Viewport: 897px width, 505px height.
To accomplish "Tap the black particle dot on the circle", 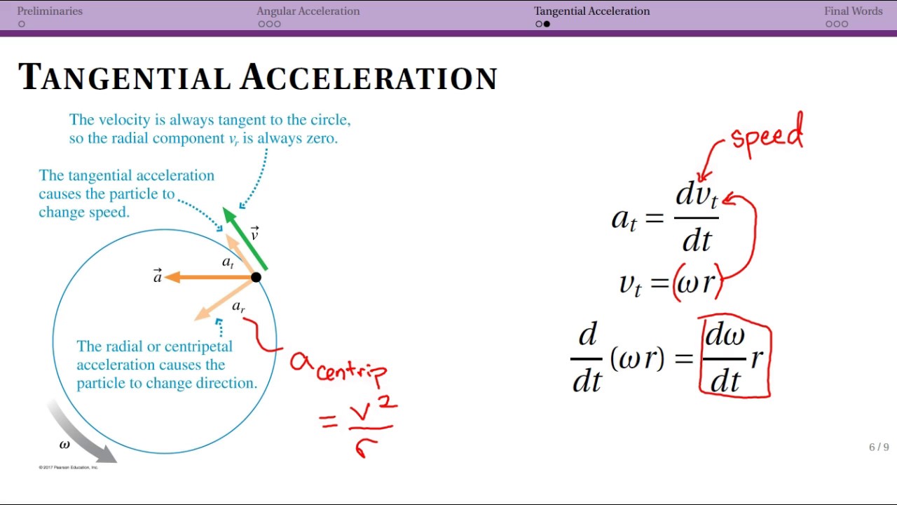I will click(x=256, y=277).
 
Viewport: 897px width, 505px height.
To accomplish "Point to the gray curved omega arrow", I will click(x=81, y=431).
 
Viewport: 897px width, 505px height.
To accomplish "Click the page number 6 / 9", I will click(x=879, y=447).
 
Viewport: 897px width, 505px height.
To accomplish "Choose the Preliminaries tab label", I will click(x=50, y=11).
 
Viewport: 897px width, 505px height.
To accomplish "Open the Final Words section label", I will click(x=853, y=11).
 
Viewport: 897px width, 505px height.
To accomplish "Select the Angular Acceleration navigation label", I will click(x=308, y=11).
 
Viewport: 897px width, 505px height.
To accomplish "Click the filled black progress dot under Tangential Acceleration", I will click(x=547, y=24).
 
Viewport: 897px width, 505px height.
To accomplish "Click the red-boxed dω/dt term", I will click(x=725, y=358).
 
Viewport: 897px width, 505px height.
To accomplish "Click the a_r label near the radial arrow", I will click(x=238, y=307).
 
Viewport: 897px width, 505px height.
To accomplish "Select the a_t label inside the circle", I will click(x=228, y=262).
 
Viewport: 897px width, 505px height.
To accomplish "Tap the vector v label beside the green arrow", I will click(x=254, y=234).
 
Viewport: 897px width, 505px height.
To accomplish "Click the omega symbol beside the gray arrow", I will click(x=64, y=445).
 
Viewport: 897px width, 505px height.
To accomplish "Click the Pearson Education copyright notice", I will click(x=69, y=467).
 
